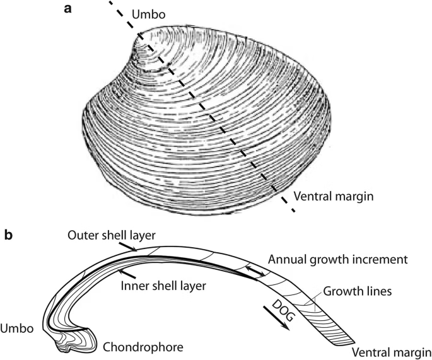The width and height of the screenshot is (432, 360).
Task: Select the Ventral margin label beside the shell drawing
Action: point(340,195)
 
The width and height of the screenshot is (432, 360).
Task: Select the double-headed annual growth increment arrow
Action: point(255,272)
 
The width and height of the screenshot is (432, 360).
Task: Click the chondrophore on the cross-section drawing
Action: point(79,341)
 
